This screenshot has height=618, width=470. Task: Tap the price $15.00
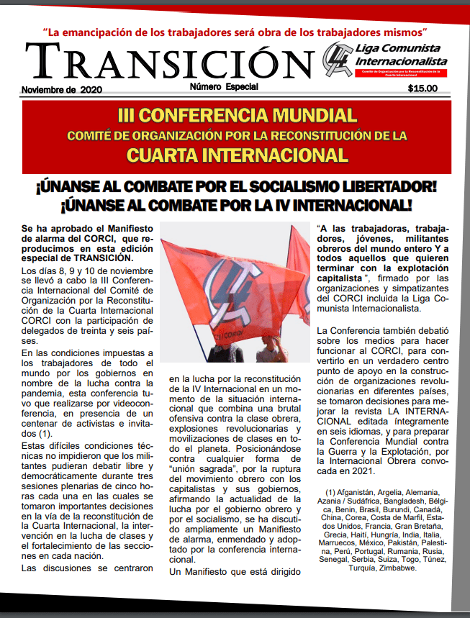[422, 89]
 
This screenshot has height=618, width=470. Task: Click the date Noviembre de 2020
[62, 90]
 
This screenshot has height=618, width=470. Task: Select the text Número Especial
[224, 87]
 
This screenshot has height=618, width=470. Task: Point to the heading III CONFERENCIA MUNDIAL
[236, 115]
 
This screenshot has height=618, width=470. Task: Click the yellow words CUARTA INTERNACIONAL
[236, 155]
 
